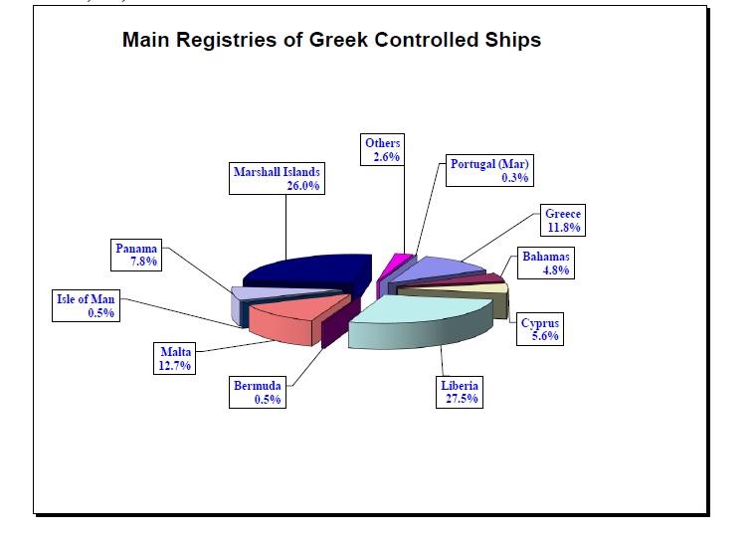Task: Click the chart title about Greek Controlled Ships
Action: [x=331, y=41]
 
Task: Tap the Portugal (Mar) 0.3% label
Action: [x=488, y=170]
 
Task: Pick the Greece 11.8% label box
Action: [x=562, y=220]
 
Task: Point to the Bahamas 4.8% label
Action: [x=547, y=264]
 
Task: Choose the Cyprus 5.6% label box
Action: [x=541, y=329]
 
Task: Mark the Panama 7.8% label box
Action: [x=137, y=255]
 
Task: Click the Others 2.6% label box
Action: [x=382, y=150]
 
